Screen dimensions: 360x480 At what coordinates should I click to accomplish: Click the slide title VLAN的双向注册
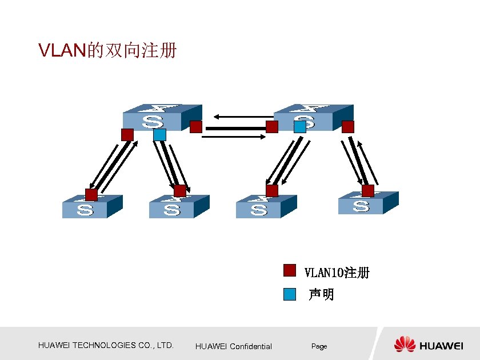click(107, 51)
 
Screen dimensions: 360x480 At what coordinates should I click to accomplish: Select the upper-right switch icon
click(312, 118)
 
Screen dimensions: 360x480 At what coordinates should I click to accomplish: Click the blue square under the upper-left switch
click(159, 135)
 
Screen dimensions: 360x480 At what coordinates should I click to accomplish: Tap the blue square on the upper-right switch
click(300, 127)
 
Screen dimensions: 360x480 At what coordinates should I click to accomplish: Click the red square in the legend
click(290, 270)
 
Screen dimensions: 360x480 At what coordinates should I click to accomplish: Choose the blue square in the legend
click(290, 294)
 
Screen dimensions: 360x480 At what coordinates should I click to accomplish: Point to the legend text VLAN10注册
click(337, 273)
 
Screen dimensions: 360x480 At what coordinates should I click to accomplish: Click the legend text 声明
click(321, 295)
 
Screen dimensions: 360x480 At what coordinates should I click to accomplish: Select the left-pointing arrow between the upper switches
click(240, 117)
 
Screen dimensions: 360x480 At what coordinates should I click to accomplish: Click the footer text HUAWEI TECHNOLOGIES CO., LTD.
click(106, 345)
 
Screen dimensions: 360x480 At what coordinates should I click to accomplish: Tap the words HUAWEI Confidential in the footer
click(233, 346)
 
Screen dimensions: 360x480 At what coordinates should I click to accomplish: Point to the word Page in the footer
click(319, 346)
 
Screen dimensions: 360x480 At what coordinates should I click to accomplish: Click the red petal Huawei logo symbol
click(405, 344)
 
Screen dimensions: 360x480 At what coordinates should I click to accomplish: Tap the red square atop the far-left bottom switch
click(91, 194)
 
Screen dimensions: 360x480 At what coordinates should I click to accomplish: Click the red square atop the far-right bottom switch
click(367, 190)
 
